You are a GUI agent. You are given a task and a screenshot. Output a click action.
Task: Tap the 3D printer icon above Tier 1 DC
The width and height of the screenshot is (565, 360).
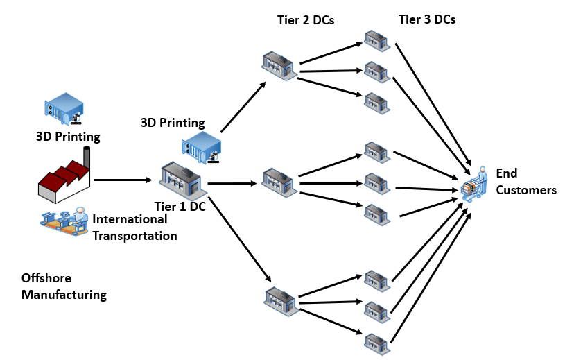[201, 146]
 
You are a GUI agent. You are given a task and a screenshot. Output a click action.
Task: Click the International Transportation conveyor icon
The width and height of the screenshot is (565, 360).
[64, 219]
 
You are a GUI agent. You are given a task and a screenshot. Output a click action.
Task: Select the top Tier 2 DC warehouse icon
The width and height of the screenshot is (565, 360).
[278, 65]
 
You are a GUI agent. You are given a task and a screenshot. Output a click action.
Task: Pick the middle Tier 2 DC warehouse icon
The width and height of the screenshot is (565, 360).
[278, 181]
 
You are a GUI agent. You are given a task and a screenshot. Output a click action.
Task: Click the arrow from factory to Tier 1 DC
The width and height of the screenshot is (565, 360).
[123, 180]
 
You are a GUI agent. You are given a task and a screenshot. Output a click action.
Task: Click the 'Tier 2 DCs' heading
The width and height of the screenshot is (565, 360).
[302, 20]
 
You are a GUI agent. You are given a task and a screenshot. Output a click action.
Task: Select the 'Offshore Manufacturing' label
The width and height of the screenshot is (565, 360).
[64, 286]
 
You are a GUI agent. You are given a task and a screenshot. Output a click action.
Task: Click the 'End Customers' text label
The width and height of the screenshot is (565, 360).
[525, 182]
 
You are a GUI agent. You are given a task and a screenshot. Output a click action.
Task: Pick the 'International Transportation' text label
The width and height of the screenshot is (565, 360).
[134, 228]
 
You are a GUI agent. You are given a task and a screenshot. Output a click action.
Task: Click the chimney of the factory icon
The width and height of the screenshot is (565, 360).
[87, 156]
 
